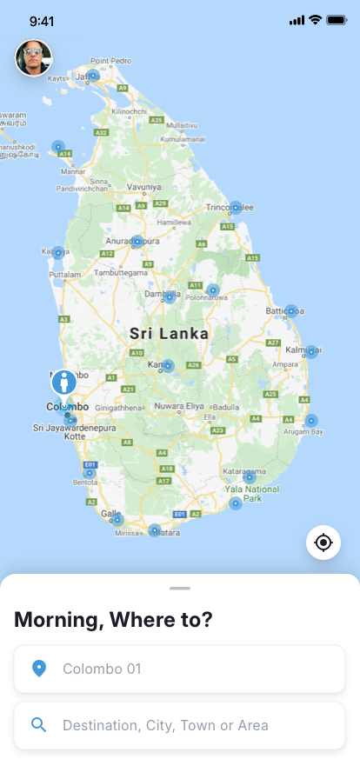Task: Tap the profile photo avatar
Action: coord(34,58)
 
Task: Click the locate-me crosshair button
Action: coord(323,543)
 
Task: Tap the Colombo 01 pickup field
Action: coord(180,669)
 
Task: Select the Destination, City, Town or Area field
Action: coord(180,725)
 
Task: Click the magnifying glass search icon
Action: coord(38,725)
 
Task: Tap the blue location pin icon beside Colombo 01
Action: coord(38,669)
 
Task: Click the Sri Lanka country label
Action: coord(169,333)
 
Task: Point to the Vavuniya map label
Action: coord(144,187)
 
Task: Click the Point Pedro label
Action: coord(111,61)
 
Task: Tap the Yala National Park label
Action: coord(252,494)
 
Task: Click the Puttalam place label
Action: coord(64,274)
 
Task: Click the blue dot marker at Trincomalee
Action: coord(235,208)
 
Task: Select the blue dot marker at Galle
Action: coord(117,520)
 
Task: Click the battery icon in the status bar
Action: coord(337,20)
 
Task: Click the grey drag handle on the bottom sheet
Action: coord(180,589)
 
